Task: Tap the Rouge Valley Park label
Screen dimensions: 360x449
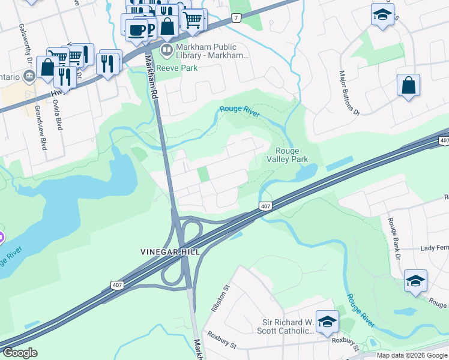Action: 291,155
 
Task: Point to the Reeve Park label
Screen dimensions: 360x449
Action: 177,68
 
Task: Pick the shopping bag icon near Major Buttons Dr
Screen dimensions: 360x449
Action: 408,86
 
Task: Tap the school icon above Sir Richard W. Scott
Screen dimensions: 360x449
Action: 327,322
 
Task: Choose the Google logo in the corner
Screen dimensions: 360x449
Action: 20,353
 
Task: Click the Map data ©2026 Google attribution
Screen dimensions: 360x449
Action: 411,355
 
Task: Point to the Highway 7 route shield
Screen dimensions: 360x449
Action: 237,18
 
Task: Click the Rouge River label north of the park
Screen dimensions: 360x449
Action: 240,110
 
